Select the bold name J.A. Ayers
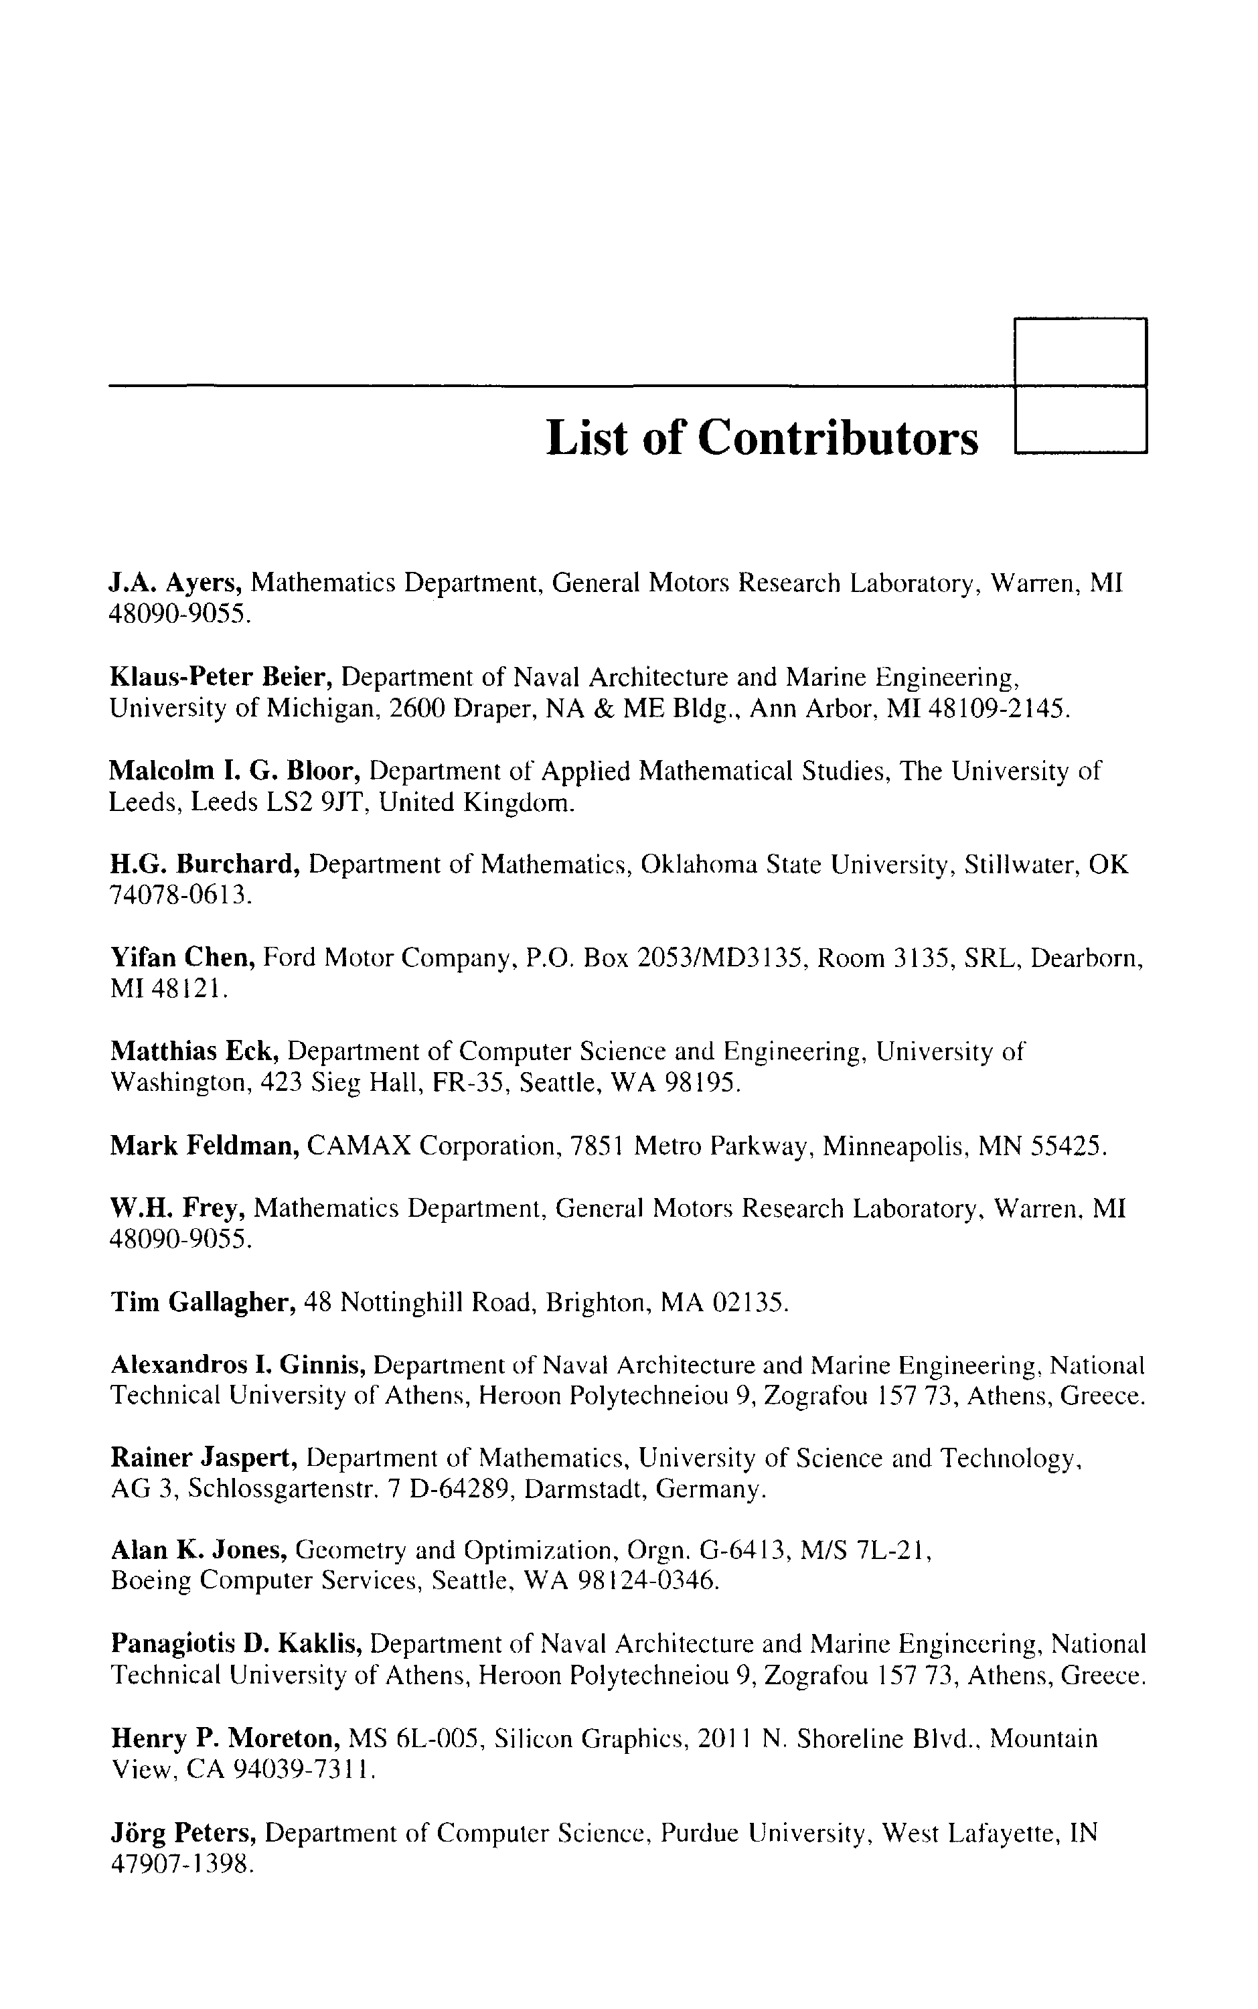click(x=175, y=583)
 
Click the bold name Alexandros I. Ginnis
click(x=237, y=1365)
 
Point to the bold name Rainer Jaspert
click(x=204, y=1459)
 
